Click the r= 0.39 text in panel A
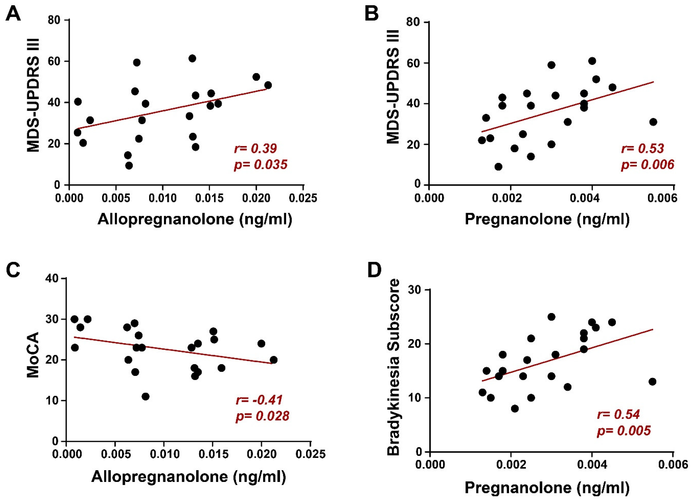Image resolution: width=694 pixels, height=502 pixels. coord(256,149)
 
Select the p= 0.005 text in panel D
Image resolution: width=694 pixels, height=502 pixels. coord(624,431)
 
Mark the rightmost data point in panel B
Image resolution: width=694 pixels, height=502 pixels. coord(653,122)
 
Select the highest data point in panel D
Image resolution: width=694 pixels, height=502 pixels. coord(551,317)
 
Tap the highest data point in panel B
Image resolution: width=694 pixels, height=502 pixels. coord(592,61)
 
